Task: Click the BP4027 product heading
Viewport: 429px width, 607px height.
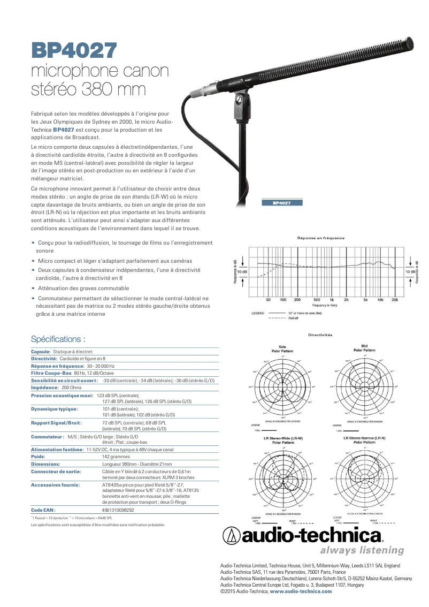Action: [x=74, y=50]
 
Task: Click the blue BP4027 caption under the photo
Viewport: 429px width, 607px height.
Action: [x=282, y=203]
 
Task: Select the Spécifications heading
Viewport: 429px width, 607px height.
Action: [x=58, y=339]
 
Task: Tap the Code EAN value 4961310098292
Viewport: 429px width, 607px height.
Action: [x=118, y=510]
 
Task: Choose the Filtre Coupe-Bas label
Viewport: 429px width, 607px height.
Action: [x=51, y=373]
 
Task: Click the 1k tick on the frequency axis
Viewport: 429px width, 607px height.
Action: [x=332, y=300]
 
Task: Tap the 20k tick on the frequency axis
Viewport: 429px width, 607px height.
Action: [x=395, y=300]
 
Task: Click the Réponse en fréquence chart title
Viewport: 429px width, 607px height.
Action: [x=321, y=238]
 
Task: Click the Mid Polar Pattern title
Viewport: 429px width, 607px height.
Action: [x=364, y=348]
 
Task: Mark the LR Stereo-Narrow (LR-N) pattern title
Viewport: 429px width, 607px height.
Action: [x=364, y=440]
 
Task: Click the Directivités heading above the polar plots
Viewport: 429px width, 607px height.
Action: [x=320, y=335]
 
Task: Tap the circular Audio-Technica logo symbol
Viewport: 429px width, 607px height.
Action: [x=232, y=535]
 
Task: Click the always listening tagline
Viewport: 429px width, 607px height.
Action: [x=362, y=550]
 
